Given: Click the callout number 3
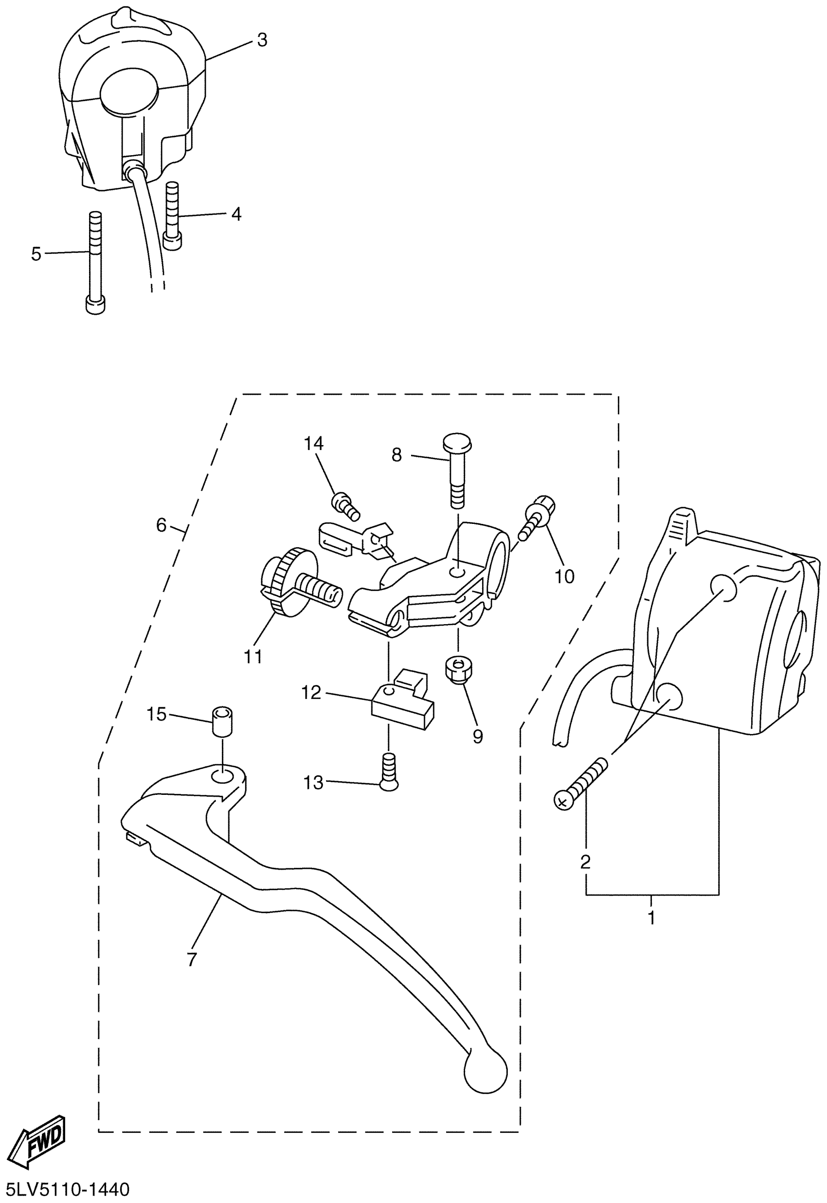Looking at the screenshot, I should (x=262, y=40).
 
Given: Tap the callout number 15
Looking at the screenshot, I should (x=157, y=715).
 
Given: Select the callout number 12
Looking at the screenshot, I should (x=311, y=693).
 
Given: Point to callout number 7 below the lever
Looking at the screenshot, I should (x=192, y=958).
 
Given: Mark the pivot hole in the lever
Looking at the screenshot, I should (x=222, y=778).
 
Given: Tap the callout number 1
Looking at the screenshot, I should (x=651, y=917).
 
